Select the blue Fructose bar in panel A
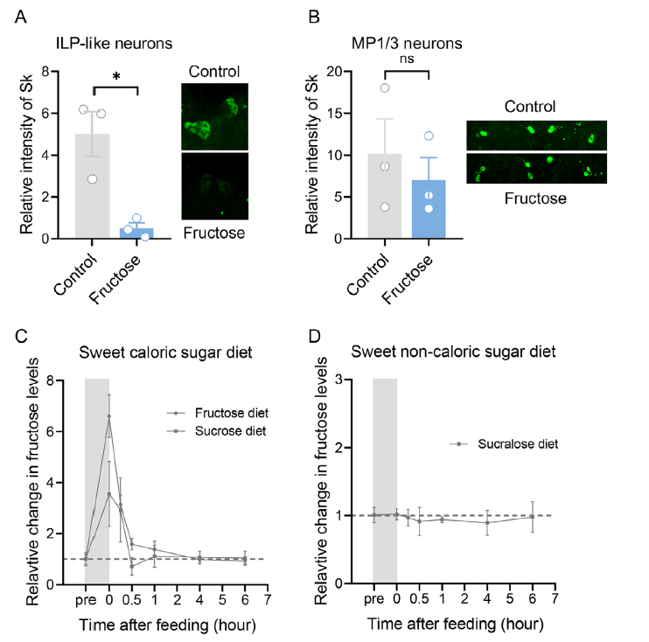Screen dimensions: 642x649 pyautogui.click(x=136, y=233)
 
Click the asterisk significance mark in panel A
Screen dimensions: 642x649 pyautogui.click(x=116, y=76)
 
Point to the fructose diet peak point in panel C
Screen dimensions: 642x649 pyautogui.click(x=109, y=416)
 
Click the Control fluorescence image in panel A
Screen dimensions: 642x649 pyautogui.click(x=214, y=116)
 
